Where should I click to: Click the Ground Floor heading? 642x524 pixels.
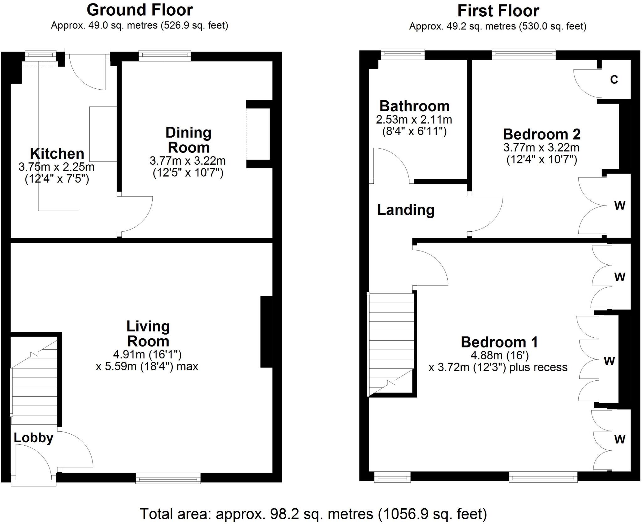(x=139, y=10)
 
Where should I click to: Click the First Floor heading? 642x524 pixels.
(x=498, y=11)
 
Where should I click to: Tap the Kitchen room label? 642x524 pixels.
(x=57, y=154)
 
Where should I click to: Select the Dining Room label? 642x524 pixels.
(x=188, y=140)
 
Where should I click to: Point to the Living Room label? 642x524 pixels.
(x=148, y=334)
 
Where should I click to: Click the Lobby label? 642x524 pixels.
(x=33, y=438)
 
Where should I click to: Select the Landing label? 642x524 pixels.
(x=406, y=210)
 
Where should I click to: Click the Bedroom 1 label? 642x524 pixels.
(x=499, y=342)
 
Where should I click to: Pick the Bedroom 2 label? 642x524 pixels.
(x=541, y=134)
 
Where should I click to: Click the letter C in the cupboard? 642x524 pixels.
(x=614, y=80)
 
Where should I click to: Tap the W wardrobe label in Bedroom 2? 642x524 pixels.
(x=619, y=206)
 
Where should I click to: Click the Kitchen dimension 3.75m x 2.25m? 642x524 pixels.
(x=56, y=167)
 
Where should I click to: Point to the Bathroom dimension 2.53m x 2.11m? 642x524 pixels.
(x=414, y=119)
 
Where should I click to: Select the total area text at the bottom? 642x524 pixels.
(x=313, y=514)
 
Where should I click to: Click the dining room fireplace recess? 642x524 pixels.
(x=258, y=134)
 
